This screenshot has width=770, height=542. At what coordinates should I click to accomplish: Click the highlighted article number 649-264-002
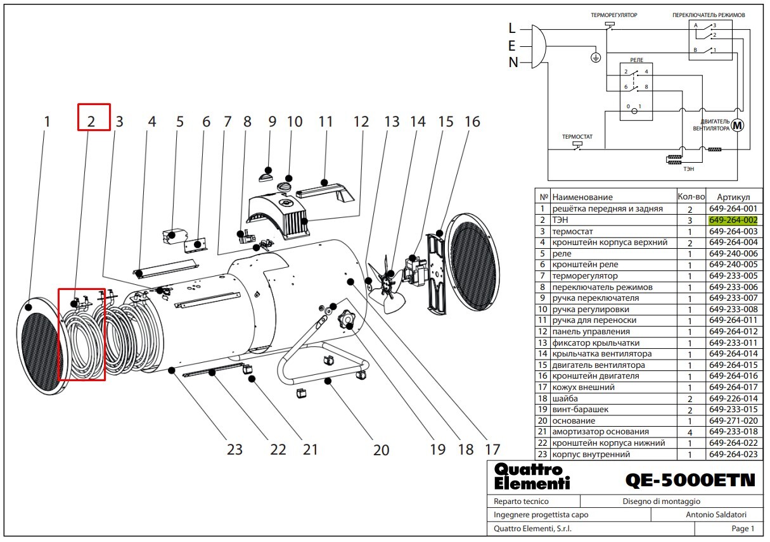click(x=733, y=220)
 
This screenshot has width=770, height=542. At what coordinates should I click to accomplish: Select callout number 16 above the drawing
click(x=472, y=122)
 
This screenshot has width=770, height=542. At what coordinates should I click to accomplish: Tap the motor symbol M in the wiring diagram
click(x=737, y=126)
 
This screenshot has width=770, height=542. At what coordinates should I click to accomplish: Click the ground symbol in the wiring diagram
click(x=596, y=58)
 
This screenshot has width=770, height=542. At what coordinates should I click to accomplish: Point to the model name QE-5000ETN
click(x=690, y=480)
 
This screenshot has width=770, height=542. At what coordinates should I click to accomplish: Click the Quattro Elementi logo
click(x=532, y=476)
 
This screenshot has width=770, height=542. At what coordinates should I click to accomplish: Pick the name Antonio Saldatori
click(x=716, y=515)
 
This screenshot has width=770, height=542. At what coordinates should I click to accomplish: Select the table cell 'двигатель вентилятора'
click(x=598, y=365)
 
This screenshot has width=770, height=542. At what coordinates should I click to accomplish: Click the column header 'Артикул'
click(x=733, y=197)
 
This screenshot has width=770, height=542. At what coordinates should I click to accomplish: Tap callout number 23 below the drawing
click(x=234, y=450)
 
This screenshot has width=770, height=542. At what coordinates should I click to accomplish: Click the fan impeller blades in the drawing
click(x=386, y=284)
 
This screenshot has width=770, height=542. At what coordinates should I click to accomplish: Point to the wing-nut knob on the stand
click(x=346, y=319)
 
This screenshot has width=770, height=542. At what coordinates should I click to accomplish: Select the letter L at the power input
click(x=512, y=28)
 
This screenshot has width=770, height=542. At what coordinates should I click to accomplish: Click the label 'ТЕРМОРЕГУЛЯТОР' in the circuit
click(x=614, y=15)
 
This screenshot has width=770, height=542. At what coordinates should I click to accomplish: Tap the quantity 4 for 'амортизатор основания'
click(x=690, y=432)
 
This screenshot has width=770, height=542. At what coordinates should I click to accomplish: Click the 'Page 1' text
click(x=743, y=528)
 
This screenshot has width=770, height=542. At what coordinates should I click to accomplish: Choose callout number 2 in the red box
click(x=91, y=122)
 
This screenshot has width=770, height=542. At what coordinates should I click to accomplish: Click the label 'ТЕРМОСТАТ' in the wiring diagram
click(x=577, y=137)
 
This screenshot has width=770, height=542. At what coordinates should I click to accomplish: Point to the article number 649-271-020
click(x=733, y=421)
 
